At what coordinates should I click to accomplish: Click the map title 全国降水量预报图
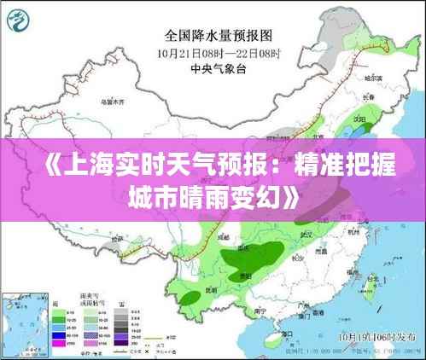click(218, 36)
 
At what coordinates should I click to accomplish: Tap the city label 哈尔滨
click(372, 78)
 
